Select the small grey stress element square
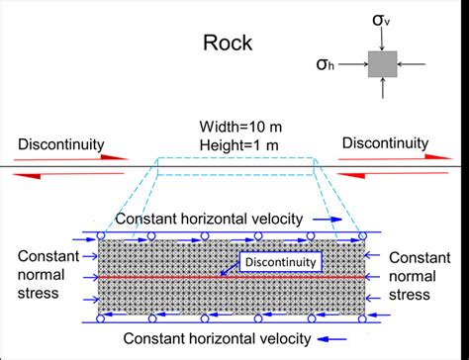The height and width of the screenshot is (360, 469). click(x=382, y=65)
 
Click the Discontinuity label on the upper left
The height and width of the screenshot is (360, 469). click(x=61, y=143)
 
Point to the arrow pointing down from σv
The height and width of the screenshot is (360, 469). click(x=382, y=40)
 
